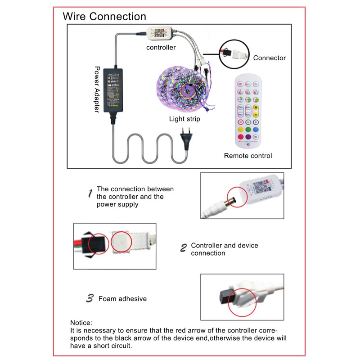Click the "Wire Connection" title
tap(104, 17)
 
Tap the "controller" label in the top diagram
tap(161, 47)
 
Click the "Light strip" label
tap(184, 119)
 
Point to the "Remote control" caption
tap(248, 156)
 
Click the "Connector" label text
tap(269, 58)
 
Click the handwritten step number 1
tap(90, 194)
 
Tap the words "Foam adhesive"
tap(122, 298)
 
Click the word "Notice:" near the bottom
tap(81, 323)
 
